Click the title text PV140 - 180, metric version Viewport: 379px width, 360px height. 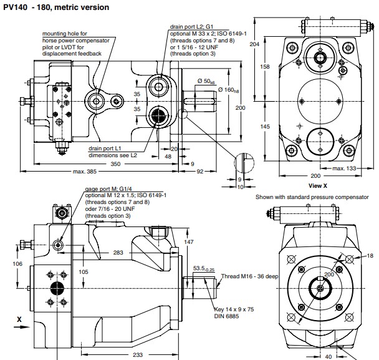pyautogui.click(x=56, y=7)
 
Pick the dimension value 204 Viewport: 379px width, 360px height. pyautogui.click(x=254, y=44)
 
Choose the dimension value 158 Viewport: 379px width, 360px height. pyautogui.click(x=265, y=66)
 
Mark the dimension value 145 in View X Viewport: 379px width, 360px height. pyautogui.click(x=265, y=127)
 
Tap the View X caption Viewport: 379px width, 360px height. pyautogui.click(x=319, y=185)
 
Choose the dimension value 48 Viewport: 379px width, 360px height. pyautogui.click(x=167, y=156)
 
